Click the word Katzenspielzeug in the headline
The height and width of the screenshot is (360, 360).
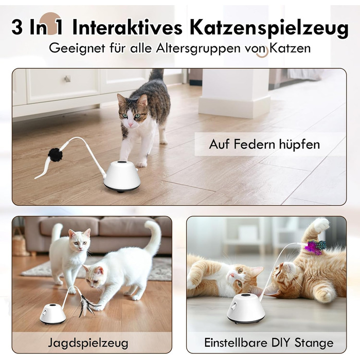[269, 28]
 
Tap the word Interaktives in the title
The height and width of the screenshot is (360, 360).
[128, 27]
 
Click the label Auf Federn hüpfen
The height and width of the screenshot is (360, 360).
[264, 145]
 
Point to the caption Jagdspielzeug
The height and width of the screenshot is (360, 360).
[88, 344]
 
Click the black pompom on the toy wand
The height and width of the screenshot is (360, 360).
[55, 155]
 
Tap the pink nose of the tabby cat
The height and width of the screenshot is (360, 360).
[131, 124]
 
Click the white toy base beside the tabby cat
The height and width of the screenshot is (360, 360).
[122, 176]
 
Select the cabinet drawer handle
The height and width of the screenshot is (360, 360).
[67, 79]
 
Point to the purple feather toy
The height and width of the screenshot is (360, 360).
[315, 247]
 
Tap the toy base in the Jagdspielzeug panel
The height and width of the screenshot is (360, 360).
[52, 314]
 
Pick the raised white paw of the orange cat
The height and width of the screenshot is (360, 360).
[321, 225]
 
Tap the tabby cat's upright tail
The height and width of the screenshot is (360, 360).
[156, 76]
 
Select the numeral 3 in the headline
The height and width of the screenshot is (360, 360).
[17, 27]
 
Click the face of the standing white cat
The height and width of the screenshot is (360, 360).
[80, 240]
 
